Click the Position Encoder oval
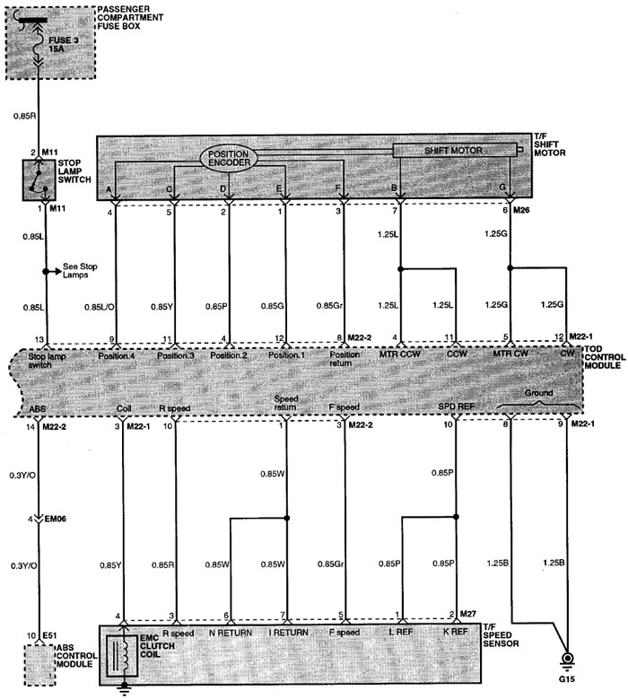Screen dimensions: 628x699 click(229, 158)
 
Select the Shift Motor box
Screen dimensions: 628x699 click(455, 150)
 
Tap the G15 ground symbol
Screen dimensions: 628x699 click(567, 660)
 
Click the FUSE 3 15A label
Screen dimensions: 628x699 click(64, 45)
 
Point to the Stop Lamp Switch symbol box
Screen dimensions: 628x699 click(39, 180)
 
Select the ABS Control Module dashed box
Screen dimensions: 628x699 click(39, 665)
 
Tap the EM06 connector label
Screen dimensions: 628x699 click(56, 519)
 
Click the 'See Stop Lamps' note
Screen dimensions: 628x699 click(80, 271)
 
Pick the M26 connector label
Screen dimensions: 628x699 click(521, 210)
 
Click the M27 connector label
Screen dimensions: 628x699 click(468, 614)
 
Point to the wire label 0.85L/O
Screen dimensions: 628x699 click(100, 307)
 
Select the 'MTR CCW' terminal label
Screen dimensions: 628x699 click(400, 354)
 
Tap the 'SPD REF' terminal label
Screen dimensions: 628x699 click(456, 406)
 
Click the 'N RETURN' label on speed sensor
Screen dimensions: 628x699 click(231, 633)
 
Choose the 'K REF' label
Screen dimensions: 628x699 click(456, 632)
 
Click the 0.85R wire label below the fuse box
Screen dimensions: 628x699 click(24, 116)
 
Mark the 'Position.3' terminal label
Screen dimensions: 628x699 click(176, 355)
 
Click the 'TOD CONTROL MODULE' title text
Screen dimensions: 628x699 click(605, 357)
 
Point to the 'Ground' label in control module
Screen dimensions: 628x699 click(538, 393)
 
